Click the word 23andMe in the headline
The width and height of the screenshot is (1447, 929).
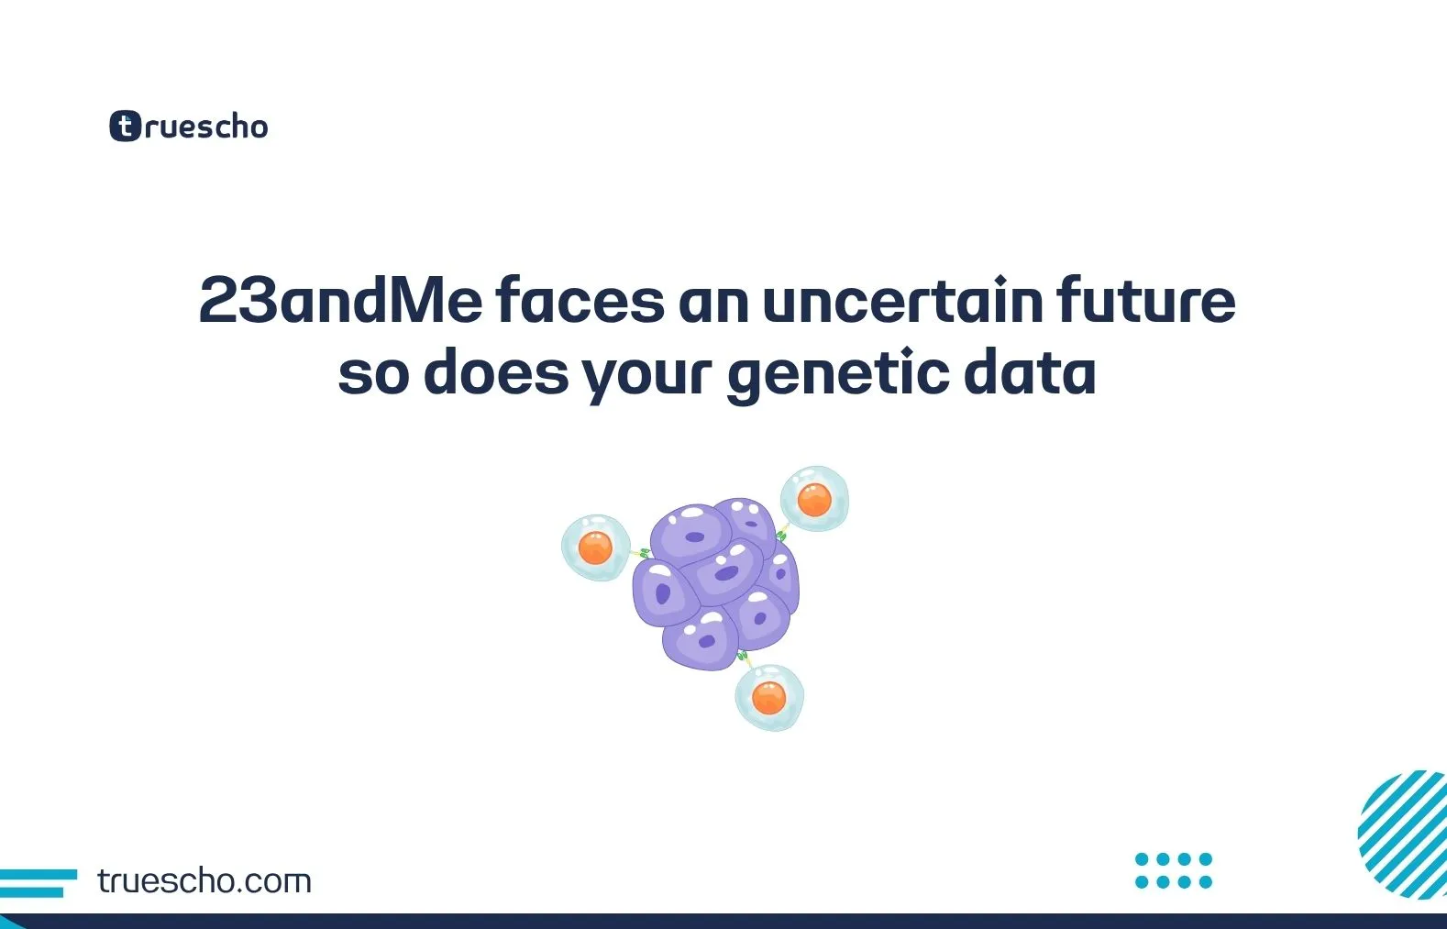tap(340, 301)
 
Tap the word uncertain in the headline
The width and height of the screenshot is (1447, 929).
tap(902, 301)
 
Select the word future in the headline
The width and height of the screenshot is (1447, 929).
tap(1145, 301)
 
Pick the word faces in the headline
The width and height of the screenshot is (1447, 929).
tap(580, 301)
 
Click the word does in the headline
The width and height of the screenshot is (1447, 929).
tap(495, 374)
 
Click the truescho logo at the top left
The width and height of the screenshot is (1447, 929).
tap(189, 127)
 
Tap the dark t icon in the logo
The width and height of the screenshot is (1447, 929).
tap(125, 127)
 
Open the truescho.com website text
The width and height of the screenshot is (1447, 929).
tap(204, 881)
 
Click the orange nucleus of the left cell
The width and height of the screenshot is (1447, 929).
tap(595, 548)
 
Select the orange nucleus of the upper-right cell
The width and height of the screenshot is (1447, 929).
tap(814, 500)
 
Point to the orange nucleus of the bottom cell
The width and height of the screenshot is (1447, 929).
tap(768, 698)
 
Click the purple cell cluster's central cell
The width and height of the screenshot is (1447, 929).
tap(725, 573)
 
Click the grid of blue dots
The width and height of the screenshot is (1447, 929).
tap(1173, 870)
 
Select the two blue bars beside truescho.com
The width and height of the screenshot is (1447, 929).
tap(37, 882)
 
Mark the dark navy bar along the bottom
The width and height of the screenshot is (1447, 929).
tap(723, 921)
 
